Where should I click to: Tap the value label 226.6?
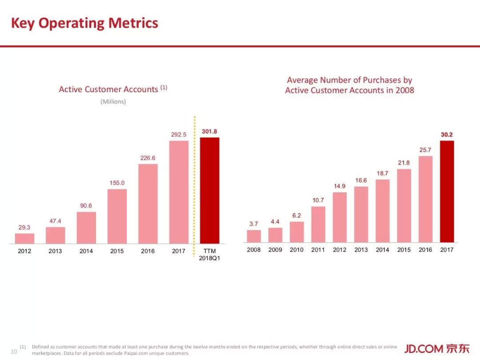tap(148, 158)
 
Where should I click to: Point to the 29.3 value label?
tap(24, 227)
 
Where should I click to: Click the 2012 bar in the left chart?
tap(24, 238)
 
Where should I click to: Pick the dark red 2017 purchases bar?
tap(447, 191)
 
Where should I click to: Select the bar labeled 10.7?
tap(318, 224)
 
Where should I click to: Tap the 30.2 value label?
tap(447, 134)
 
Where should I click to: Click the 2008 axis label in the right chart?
tap(254, 250)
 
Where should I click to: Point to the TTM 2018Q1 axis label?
tap(209, 255)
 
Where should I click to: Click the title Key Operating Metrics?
tap(84, 23)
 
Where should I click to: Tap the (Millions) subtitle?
tap(113, 102)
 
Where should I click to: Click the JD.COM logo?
tap(436, 348)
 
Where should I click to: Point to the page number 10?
tap(13, 352)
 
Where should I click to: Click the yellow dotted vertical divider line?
tap(194, 187)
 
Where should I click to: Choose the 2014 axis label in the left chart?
tap(86, 251)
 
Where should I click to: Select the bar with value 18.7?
tap(382, 211)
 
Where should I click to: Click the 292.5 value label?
tap(179, 134)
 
